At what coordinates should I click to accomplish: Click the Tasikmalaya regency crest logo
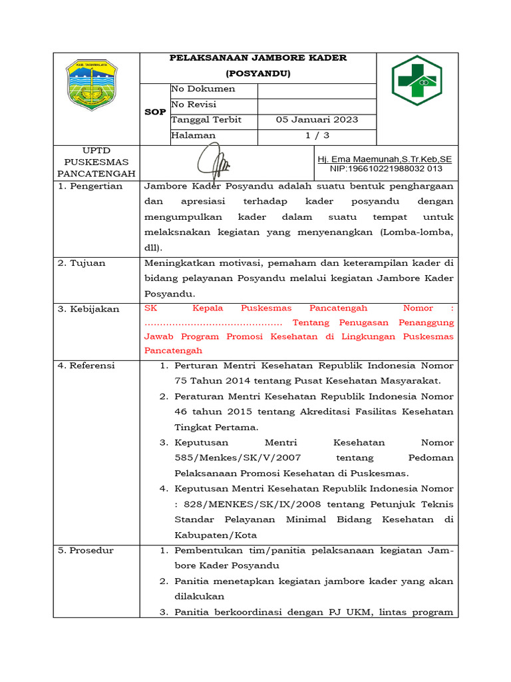(91, 85)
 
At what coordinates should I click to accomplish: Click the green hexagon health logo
(417, 81)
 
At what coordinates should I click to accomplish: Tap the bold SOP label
(155, 112)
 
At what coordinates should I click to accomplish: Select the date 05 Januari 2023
(317, 120)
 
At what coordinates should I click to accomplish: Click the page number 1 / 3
(317, 135)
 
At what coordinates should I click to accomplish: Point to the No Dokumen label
(203, 89)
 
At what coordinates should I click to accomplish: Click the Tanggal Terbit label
(206, 120)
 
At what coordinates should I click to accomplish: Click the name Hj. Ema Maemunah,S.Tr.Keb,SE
(385, 159)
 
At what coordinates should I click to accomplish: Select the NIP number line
(386, 169)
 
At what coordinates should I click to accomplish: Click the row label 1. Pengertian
(90, 186)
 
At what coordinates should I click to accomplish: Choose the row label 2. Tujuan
(82, 263)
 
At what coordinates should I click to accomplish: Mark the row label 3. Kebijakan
(88, 309)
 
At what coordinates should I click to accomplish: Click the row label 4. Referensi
(86, 366)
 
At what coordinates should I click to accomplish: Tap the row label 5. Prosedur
(86, 551)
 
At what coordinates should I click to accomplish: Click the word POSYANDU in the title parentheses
(258, 73)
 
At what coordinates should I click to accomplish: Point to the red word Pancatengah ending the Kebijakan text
(172, 351)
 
